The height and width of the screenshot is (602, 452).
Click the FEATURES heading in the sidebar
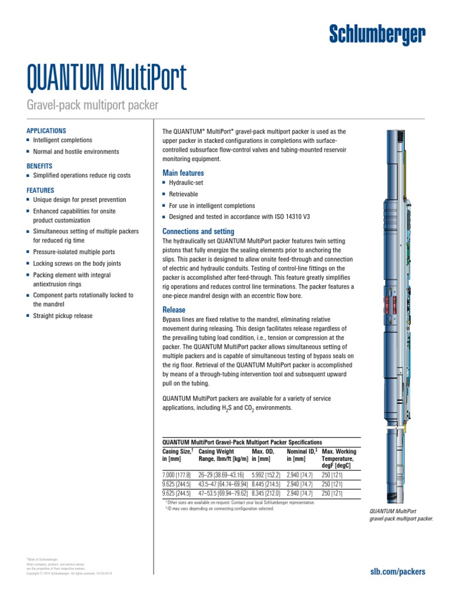click(x=41, y=190)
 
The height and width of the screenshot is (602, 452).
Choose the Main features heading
click(x=183, y=173)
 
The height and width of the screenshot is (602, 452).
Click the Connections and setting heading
click(x=198, y=231)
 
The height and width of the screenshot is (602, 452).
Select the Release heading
click(x=174, y=310)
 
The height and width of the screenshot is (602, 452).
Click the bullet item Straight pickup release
click(x=62, y=316)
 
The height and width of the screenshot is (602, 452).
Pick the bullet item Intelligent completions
click(x=62, y=141)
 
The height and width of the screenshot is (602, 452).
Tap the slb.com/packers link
click(x=397, y=571)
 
